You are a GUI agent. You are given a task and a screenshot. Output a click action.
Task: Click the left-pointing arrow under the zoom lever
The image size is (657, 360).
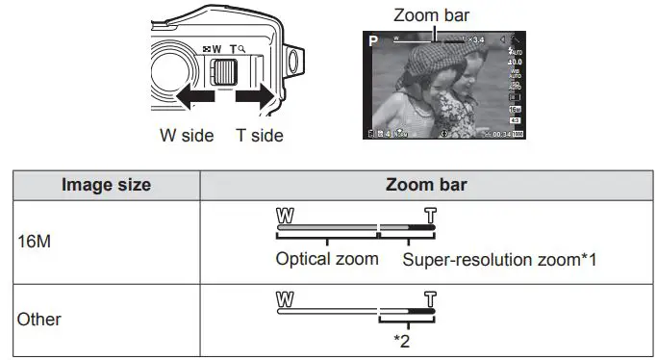pos(189,99)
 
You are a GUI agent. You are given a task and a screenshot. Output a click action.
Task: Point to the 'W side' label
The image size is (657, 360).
pos(187,136)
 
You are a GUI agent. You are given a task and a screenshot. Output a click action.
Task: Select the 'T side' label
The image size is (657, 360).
pos(260,136)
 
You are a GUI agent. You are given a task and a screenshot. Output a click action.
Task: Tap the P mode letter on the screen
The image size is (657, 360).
pos(373,40)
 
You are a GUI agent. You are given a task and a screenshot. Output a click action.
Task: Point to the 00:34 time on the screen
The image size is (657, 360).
pos(495,134)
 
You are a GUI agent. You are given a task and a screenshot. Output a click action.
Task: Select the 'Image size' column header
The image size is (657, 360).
pos(106,185)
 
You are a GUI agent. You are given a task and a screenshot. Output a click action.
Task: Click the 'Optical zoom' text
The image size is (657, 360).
pos(327,259)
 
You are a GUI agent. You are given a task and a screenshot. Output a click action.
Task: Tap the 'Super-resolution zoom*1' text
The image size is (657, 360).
pos(500,259)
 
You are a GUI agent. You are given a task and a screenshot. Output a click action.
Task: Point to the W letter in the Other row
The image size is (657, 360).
pos(284,297)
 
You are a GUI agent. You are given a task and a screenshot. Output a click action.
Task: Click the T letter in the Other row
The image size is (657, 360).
pos(429,297)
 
